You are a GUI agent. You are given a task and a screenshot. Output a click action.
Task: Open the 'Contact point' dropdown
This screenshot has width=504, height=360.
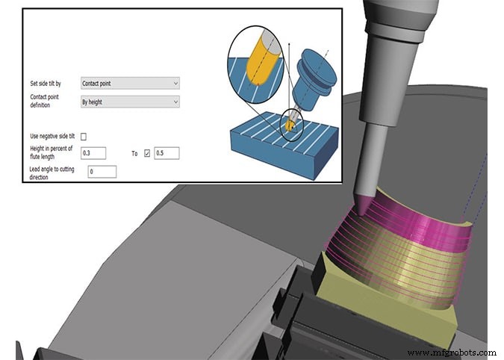coord(129,83)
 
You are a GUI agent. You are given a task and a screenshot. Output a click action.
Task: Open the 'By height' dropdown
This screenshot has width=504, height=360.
coord(129,102)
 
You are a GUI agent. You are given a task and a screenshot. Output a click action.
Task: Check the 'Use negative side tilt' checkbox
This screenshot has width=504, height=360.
coord(84,137)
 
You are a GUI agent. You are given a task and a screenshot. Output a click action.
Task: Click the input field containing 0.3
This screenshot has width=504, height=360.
coord(92,153)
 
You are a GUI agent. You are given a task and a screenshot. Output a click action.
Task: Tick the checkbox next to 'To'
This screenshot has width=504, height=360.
coord(146,153)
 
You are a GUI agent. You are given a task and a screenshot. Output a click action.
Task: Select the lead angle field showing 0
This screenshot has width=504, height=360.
coord(102,172)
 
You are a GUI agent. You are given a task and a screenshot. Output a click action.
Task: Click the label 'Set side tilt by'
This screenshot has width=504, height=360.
coord(47,84)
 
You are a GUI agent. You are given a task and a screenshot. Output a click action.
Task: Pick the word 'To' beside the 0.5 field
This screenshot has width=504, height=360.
coord(135,153)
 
